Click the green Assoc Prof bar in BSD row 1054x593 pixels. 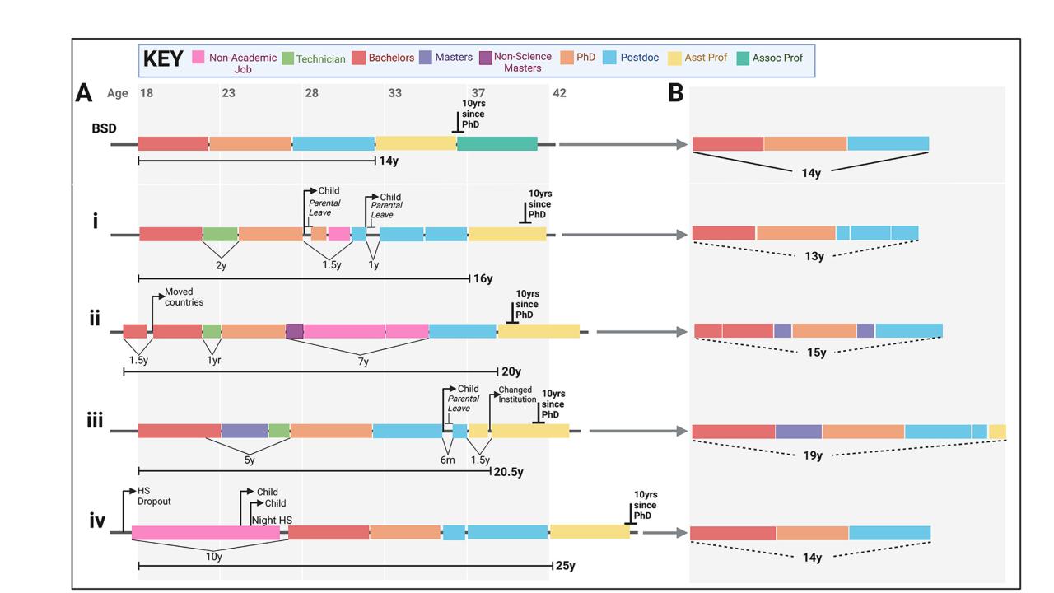[497, 144]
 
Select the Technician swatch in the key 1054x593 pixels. [288, 58]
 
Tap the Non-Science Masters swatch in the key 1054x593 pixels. [486, 58]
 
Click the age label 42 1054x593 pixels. [559, 93]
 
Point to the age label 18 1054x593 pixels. [146, 93]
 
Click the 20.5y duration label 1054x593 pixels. [508, 472]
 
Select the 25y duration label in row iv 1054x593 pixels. [565, 566]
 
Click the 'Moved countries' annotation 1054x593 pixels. [184, 296]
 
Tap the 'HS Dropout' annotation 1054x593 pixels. [153, 496]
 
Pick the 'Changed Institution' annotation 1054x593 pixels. [517, 395]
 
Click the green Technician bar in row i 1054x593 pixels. [220, 234]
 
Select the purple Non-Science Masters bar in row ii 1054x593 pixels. [295, 331]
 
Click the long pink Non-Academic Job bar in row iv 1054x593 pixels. [206, 533]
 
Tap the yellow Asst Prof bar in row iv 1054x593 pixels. [590, 532]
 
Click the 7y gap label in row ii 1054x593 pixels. [363, 362]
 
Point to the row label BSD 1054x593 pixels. [104, 128]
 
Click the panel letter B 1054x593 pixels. [676, 94]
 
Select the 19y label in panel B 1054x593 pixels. [813, 455]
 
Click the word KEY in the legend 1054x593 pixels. [163, 59]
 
